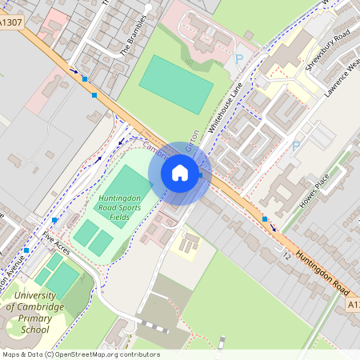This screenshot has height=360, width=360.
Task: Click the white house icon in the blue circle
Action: click(180, 172)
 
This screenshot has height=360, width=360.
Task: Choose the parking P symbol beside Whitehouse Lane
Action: click(238, 58)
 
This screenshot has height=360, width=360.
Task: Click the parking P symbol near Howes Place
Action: click(295, 146)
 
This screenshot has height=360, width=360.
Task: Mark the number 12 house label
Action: click(286, 255)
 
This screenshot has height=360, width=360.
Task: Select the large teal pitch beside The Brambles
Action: click(176, 84)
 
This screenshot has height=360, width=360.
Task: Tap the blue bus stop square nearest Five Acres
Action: click(55, 220)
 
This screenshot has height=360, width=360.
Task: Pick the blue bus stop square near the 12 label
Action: click(265, 218)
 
